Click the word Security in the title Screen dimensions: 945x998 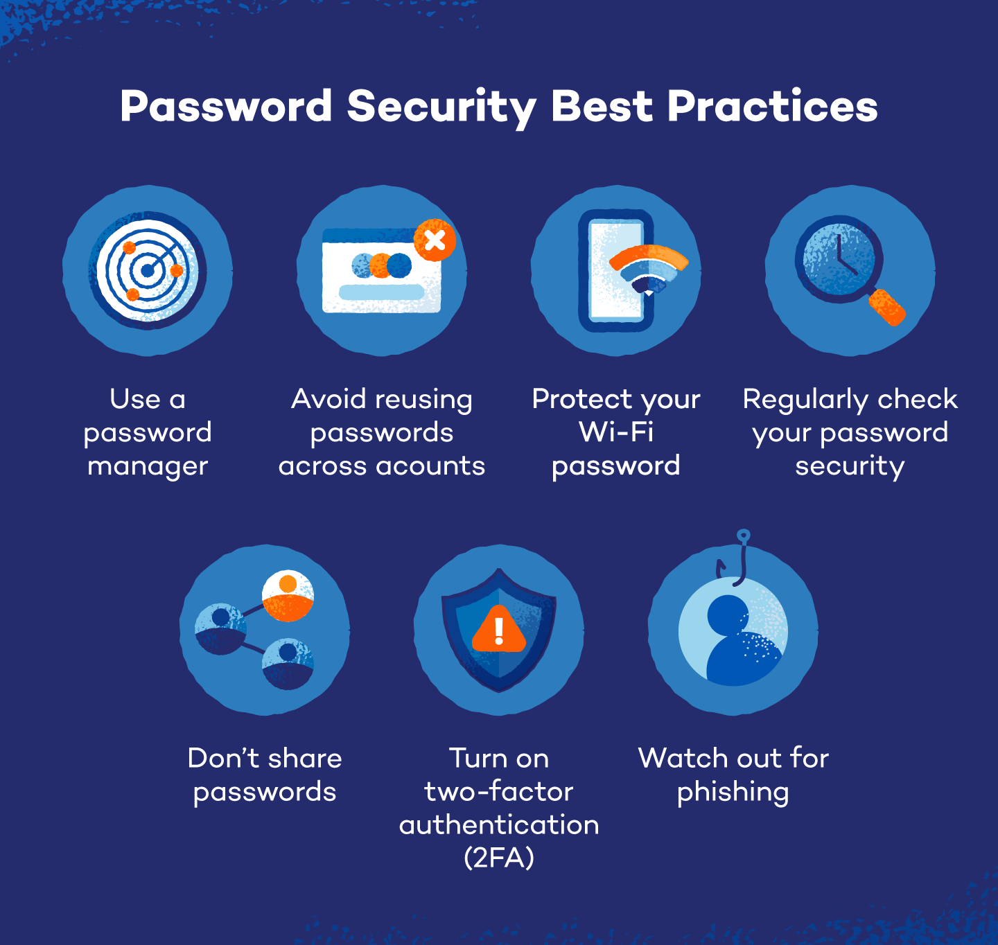[x=441, y=107]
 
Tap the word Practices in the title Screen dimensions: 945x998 [x=772, y=107]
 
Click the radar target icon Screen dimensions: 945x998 [x=147, y=270]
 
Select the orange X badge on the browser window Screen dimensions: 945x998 [x=435, y=240]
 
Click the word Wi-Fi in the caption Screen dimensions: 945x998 [x=616, y=432]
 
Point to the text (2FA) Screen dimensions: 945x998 [x=499, y=858]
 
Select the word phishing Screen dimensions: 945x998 [x=733, y=793]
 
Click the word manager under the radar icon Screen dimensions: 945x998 [x=148, y=467]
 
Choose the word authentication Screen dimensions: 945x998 [x=499, y=825]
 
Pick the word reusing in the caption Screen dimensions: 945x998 [x=423, y=400]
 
